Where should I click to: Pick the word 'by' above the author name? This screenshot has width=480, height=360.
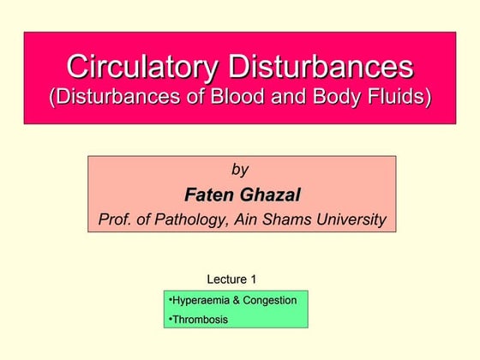(x=241, y=170)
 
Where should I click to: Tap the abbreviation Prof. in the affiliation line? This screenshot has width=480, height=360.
(x=116, y=220)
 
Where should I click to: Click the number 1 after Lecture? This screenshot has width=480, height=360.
(x=253, y=279)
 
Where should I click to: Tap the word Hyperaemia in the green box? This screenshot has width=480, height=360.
(x=201, y=300)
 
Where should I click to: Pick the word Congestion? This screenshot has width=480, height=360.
(x=270, y=300)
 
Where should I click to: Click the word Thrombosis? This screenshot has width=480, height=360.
(x=201, y=320)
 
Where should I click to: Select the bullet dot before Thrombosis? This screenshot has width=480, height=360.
(x=171, y=319)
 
